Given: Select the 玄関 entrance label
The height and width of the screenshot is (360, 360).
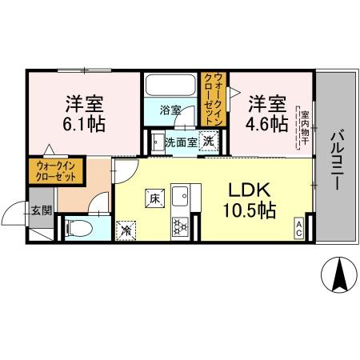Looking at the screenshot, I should pyautogui.click(x=41, y=211).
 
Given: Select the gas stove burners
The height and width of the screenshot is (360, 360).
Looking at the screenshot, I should pyautogui.click(x=179, y=226).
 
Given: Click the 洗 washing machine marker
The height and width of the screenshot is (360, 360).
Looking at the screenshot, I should pyautogui.click(x=208, y=142).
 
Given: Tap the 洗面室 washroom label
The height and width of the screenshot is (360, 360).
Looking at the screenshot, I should pyautogui.click(x=179, y=142).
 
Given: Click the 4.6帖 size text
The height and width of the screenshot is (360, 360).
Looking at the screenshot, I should pyautogui.click(x=267, y=124).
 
